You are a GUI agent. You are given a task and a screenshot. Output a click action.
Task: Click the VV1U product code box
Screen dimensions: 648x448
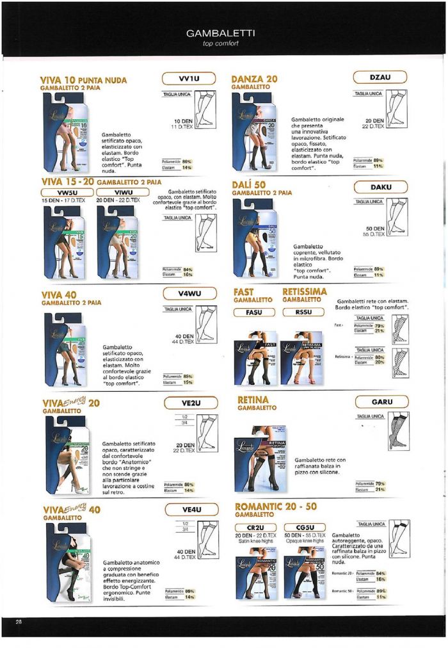pos(190,79)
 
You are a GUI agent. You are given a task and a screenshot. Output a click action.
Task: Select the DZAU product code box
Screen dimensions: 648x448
pos(380,77)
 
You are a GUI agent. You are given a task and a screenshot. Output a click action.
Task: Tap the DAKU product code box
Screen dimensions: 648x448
pos(380,187)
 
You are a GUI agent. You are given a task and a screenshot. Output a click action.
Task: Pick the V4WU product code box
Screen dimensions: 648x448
pos(190,294)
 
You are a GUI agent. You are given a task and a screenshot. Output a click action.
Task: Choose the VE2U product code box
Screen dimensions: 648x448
pos(190,403)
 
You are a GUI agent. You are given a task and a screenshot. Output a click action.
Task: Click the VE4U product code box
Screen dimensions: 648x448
pos(190,510)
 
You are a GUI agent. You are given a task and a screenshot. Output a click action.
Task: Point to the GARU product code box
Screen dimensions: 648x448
pos(381,402)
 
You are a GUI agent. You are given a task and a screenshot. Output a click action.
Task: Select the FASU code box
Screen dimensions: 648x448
pos(252,312)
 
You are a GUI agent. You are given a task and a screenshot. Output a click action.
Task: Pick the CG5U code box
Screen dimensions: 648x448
pos(303,527)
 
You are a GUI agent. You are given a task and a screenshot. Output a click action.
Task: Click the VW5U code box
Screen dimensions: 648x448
pos(67,192)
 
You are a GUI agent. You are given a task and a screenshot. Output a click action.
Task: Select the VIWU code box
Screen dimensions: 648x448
pos(122,192)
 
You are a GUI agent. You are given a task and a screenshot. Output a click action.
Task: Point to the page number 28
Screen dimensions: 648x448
pos(19,622)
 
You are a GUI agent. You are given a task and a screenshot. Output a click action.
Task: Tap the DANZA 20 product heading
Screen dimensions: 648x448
pos(254,79)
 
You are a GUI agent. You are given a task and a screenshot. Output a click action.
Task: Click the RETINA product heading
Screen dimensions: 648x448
pos(253,400)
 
